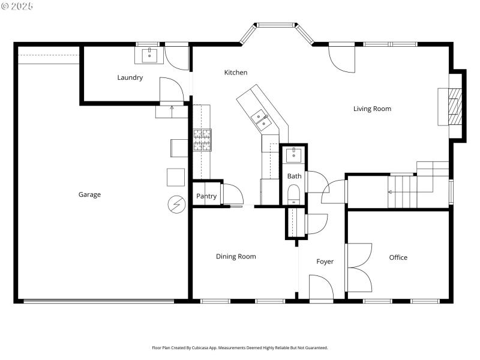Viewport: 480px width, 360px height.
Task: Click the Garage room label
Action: (89, 194)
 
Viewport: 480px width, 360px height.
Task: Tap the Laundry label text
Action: (130, 77)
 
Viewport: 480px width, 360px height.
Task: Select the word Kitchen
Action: (236, 73)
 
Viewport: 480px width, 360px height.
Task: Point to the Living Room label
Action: (372, 109)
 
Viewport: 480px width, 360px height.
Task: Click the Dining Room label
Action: (236, 257)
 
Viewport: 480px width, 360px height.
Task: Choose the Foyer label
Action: (325, 262)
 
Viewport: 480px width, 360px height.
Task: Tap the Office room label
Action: (398, 257)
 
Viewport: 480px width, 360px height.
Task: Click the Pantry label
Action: (206, 196)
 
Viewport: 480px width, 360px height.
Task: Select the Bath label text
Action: (294, 176)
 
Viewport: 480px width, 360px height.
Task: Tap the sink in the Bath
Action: (294, 155)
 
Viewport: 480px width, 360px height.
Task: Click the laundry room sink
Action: (149, 56)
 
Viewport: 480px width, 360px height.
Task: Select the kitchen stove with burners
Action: (202, 140)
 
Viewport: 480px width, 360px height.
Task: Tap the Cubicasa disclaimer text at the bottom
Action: (240, 347)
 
